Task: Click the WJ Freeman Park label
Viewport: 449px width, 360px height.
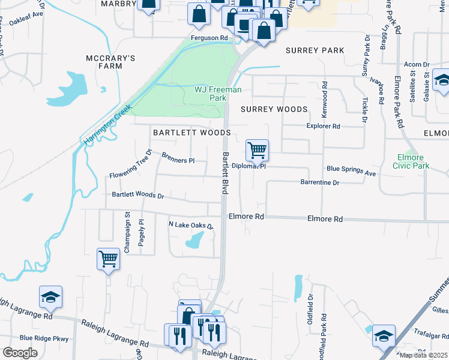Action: [218, 94]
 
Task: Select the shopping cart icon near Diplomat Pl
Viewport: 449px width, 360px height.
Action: [257, 151]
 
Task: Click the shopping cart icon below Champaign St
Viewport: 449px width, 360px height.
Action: [108, 260]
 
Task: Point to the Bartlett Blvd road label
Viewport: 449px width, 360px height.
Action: [225, 173]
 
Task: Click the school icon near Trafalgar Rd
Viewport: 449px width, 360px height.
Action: [384, 336]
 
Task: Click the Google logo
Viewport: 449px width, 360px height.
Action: [20, 353]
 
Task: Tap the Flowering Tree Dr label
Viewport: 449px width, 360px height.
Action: [131, 168]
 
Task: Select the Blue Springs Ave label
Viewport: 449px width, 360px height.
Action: [351, 172]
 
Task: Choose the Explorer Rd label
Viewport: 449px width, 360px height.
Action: [324, 127]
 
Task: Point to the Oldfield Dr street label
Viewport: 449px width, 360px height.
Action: [310, 305]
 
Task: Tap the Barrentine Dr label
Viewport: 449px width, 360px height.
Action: [320, 182]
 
